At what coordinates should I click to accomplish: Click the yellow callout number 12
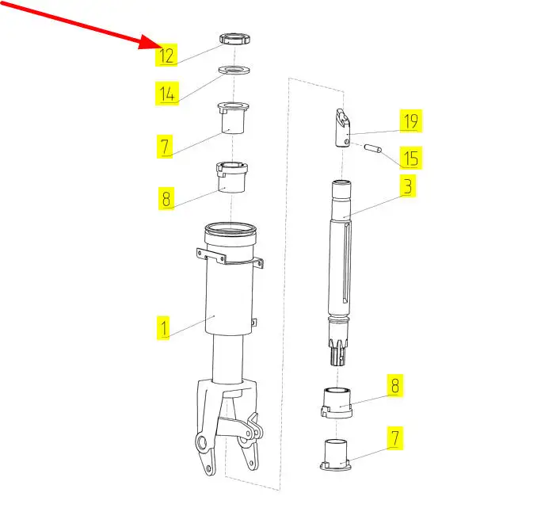click(166, 55)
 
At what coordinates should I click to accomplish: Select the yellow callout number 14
click(167, 93)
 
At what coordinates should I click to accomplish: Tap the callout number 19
click(410, 120)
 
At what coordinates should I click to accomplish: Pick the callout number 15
click(410, 158)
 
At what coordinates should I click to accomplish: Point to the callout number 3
click(408, 185)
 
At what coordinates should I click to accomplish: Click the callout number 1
click(163, 327)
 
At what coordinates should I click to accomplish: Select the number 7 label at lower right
click(395, 437)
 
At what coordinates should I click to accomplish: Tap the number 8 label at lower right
click(395, 385)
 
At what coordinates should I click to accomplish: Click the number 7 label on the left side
click(165, 147)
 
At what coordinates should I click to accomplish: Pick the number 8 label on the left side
click(166, 198)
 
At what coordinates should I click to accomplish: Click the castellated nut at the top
click(234, 38)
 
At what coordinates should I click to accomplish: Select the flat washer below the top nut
click(234, 70)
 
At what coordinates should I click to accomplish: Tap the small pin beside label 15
click(372, 148)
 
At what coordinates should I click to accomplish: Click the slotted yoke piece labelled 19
click(343, 128)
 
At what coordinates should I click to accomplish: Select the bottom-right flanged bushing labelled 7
click(336, 455)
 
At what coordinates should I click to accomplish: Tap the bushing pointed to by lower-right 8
click(337, 403)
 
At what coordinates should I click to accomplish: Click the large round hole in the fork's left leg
click(201, 443)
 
